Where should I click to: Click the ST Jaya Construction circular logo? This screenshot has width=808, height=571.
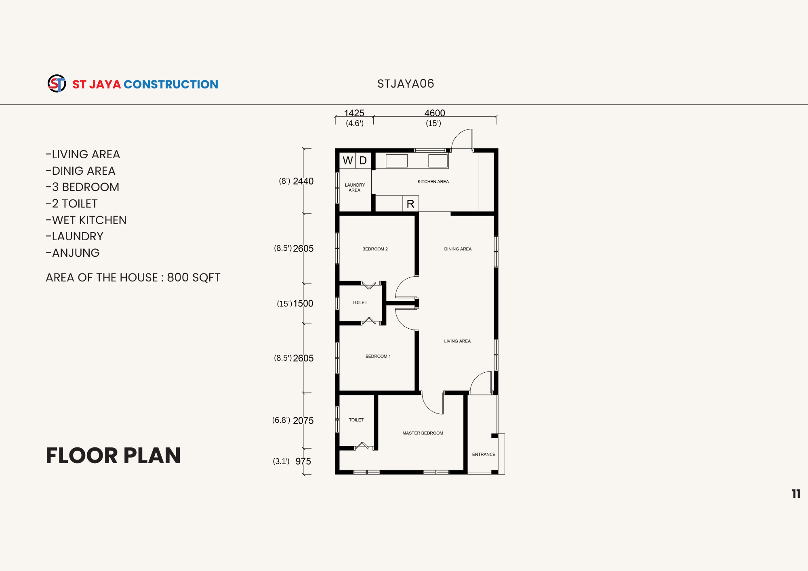(57, 84)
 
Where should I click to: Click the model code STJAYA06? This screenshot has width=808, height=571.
(406, 84)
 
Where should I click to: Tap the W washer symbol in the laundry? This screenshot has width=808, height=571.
(347, 161)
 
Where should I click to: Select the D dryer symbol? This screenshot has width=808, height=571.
(363, 161)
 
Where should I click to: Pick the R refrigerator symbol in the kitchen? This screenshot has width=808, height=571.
(410, 204)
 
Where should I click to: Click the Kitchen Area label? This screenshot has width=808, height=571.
(433, 182)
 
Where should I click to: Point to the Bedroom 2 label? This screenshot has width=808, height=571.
(375, 249)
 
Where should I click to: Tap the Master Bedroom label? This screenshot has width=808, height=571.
(423, 433)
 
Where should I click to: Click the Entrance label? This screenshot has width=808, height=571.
(484, 454)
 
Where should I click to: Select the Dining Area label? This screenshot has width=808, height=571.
(458, 249)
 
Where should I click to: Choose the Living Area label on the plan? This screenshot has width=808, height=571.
(457, 341)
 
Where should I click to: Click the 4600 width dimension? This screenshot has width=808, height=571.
(435, 113)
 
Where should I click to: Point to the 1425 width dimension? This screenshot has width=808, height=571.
(354, 113)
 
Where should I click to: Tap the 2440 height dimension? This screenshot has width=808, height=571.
(303, 181)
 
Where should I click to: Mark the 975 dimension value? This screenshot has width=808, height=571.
(303, 462)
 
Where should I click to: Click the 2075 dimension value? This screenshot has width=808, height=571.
(303, 421)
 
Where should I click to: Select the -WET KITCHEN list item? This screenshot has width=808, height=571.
(86, 220)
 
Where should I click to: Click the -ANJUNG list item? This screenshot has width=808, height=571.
(73, 253)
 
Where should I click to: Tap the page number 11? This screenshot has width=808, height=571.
(796, 494)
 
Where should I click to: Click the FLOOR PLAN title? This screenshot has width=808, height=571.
(113, 456)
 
